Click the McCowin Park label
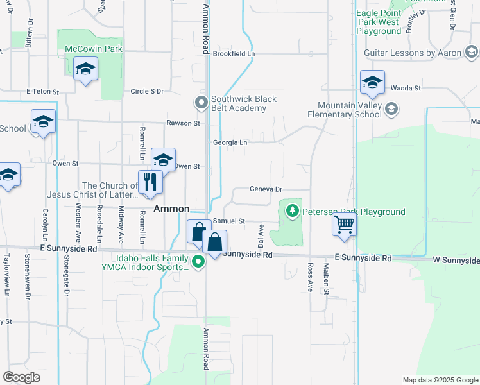(94, 48)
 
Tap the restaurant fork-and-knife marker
(150, 181)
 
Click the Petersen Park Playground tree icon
(293, 210)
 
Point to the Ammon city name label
(171, 209)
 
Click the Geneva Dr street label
(266, 190)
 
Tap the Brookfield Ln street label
(234, 54)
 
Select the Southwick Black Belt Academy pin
(201, 102)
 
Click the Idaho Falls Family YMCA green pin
(199, 261)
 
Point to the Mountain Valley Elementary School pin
(390, 110)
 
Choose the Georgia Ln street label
(230, 142)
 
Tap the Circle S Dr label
(147, 91)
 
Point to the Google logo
(21, 377)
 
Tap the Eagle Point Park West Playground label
(379, 22)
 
